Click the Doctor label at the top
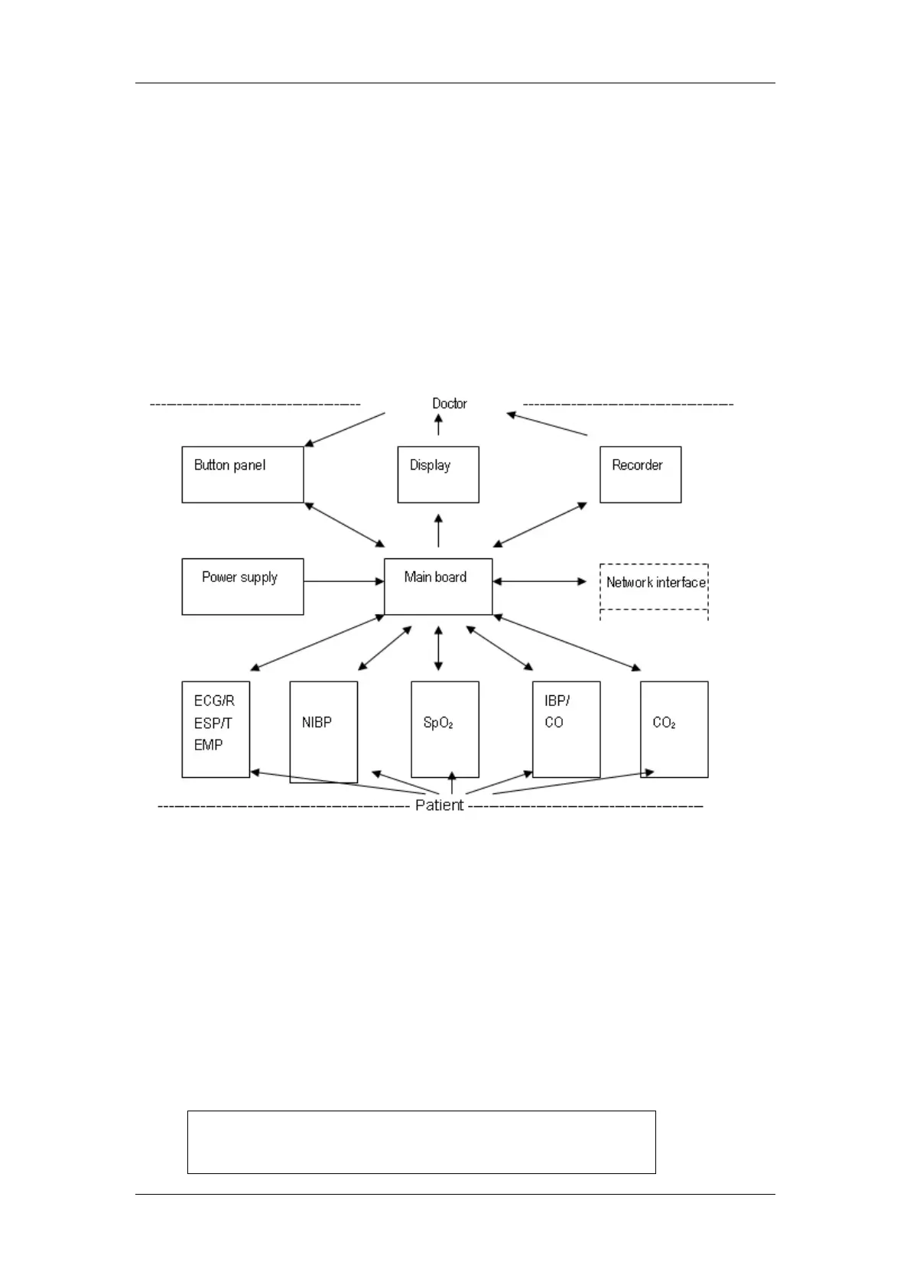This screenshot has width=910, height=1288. [x=449, y=403]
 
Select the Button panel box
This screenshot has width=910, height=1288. [x=242, y=474]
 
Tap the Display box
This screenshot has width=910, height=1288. [x=438, y=474]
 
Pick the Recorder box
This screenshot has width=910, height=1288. [x=640, y=474]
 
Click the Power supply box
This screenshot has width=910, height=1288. [x=242, y=586]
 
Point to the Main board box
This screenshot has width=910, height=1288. [x=438, y=586]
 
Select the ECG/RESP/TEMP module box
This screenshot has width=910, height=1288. [x=216, y=729]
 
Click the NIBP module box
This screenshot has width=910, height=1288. [x=323, y=731]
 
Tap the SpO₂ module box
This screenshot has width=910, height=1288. [x=445, y=729]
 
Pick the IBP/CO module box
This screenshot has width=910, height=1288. [x=566, y=729]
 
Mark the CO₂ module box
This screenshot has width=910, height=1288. [x=674, y=729]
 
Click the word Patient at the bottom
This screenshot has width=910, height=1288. [x=439, y=805]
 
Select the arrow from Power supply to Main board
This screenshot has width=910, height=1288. [x=343, y=581]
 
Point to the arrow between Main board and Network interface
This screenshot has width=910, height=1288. [x=540, y=581]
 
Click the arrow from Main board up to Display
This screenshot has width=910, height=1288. [x=438, y=530]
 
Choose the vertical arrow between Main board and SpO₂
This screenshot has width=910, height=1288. [x=438, y=648]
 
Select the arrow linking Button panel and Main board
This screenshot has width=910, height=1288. [x=344, y=525]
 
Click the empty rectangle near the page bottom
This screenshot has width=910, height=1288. [x=421, y=1142]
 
